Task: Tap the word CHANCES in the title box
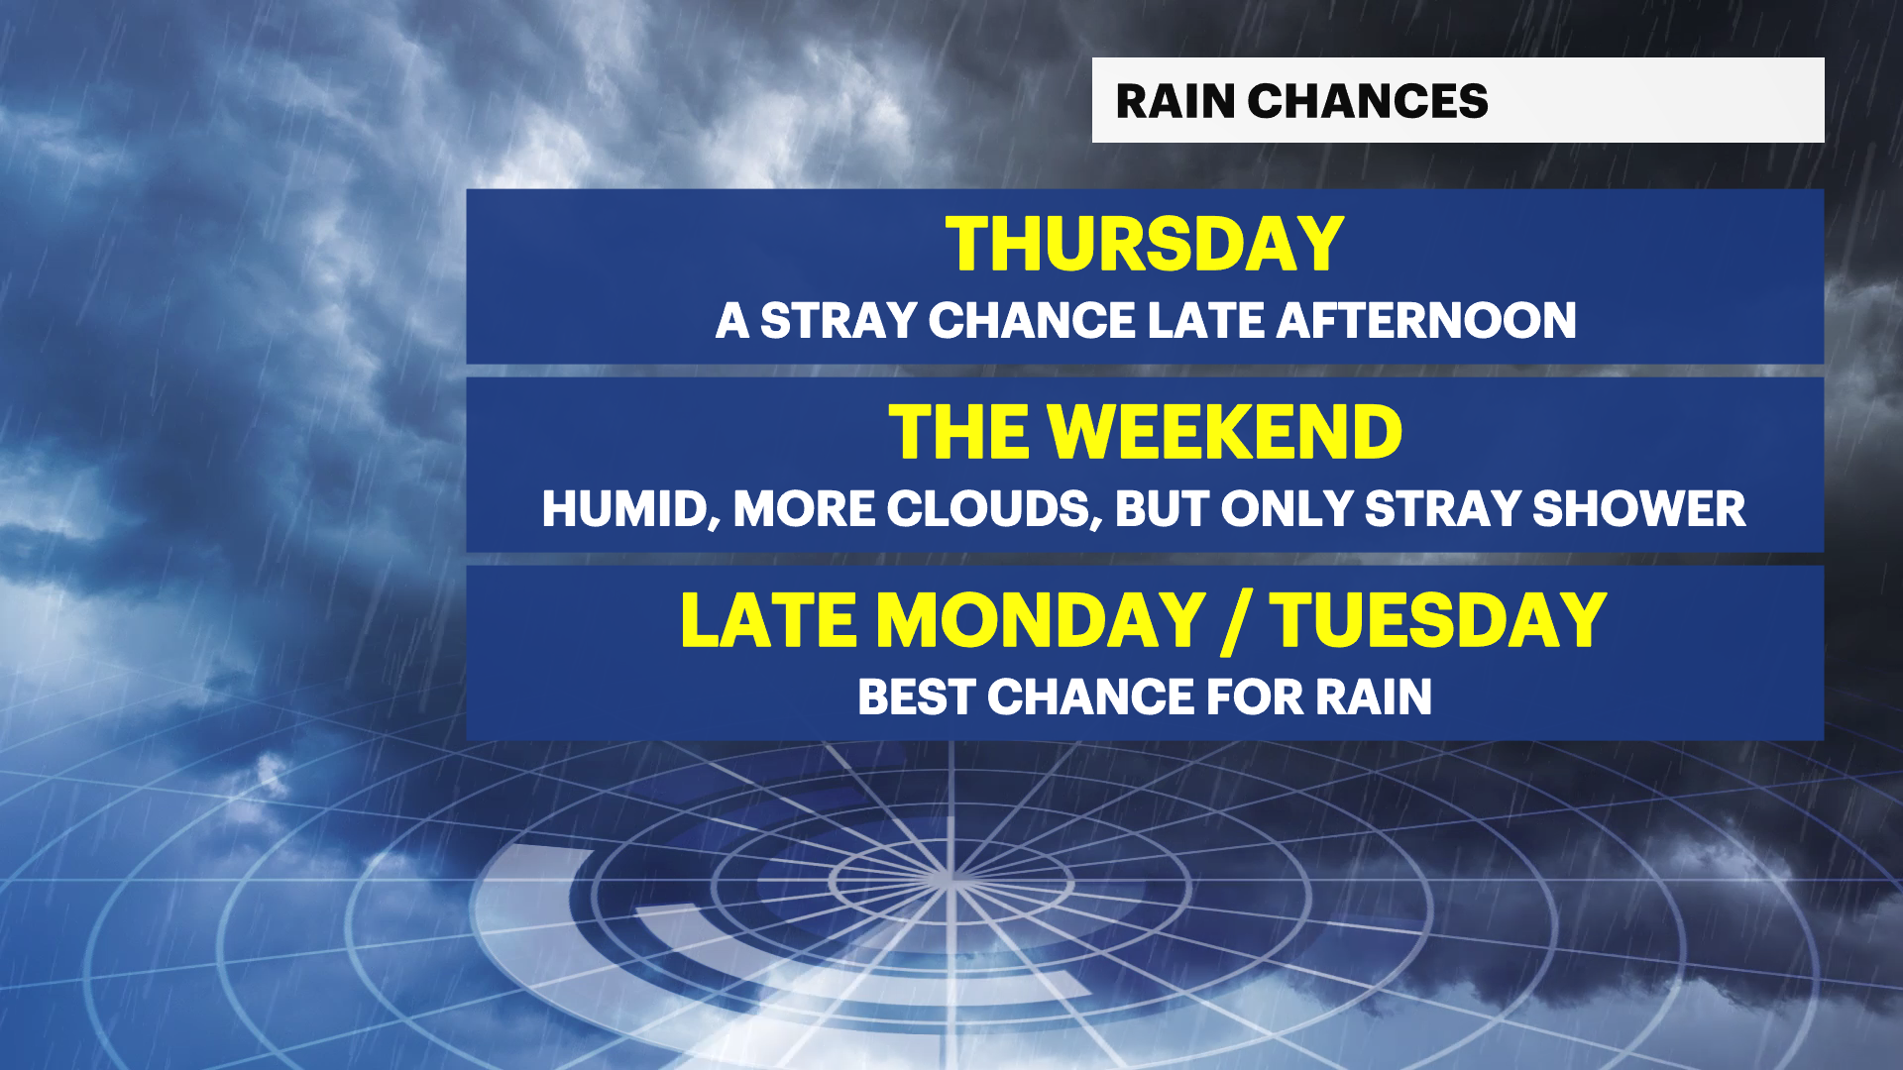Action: pyautogui.click(x=1368, y=101)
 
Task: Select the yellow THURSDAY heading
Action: pyautogui.click(x=1145, y=245)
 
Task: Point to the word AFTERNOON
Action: pyautogui.click(x=1426, y=321)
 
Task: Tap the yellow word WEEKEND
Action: pyautogui.click(x=1225, y=433)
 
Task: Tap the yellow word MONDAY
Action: pyautogui.click(x=1041, y=621)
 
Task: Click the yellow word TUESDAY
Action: pyautogui.click(x=1438, y=621)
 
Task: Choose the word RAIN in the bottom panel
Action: pyautogui.click(x=1374, y=697)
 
